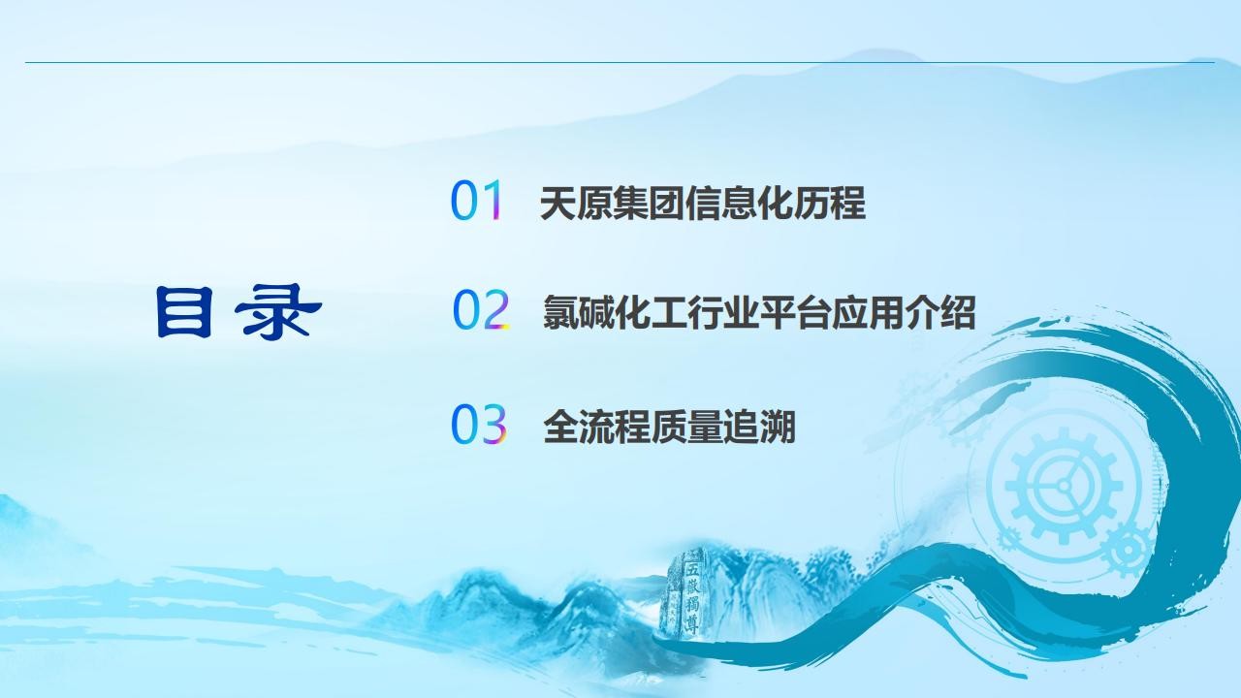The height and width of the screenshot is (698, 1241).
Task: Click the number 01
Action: click(x=476, y=200)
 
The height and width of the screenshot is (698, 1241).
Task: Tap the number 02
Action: click(x=480, y=309)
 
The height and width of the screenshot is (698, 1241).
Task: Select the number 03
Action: click(x=479, y=424)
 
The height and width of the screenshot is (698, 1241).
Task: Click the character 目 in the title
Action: click(x=184, y=311)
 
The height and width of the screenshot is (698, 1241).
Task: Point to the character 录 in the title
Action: click(x=277, y=311)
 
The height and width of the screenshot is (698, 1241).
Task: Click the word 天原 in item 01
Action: click(x=576, y=204)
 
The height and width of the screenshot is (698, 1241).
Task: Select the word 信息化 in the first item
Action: click(x=739, y=204)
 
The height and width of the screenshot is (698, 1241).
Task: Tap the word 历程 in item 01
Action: click(x=829, y=204)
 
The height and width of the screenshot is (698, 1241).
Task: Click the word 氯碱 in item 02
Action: click(x=579, y=313)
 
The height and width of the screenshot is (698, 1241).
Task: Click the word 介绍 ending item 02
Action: click(x=939, y=313)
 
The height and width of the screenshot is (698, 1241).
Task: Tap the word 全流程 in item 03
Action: click(x=596, y=427)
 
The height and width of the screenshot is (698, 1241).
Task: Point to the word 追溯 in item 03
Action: click(x=759, y=427)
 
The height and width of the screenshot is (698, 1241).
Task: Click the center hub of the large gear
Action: click(x=1064, y=486)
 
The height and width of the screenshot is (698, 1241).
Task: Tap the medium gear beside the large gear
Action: click(x=1128, y=550)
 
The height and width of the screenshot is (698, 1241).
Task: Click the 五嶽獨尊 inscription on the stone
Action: click(x=692, y=597)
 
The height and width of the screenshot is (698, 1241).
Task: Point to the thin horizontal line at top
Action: click(x=620, y=63)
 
